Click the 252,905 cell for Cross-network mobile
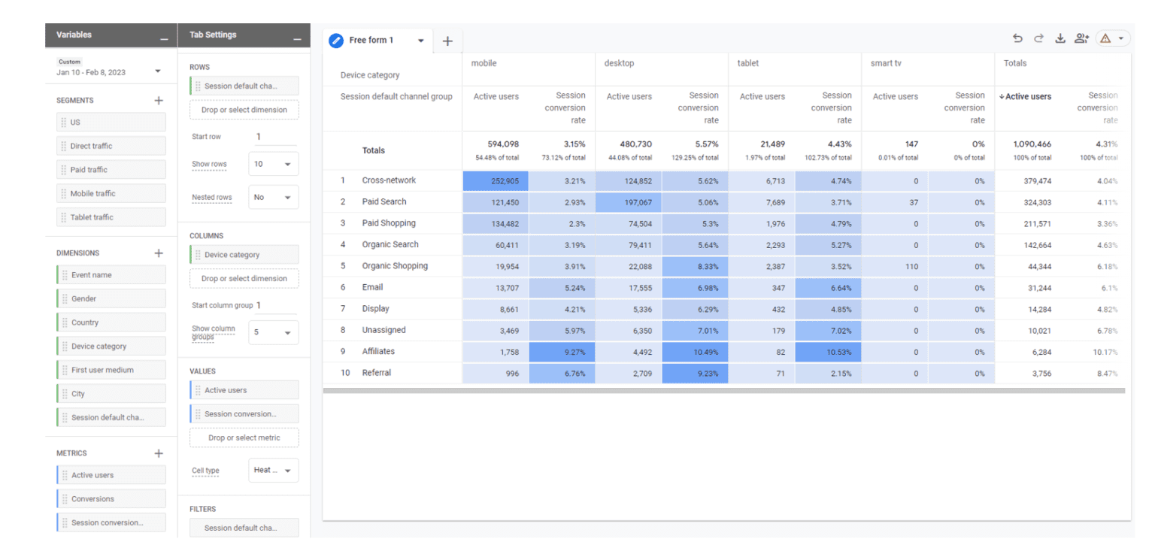496,180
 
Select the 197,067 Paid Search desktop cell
629,202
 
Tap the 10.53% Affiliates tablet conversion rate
828,352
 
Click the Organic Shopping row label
395,266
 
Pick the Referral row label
377,373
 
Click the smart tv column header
886,64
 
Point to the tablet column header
748,64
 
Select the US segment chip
111,123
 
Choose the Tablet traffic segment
111,217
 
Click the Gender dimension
111,299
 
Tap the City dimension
111,394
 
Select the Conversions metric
111,499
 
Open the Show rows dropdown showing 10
273,164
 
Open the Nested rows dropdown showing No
273,198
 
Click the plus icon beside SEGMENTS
159,100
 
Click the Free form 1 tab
371,41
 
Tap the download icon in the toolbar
1060,39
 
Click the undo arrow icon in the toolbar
1017,39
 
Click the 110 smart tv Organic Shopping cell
895,266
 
